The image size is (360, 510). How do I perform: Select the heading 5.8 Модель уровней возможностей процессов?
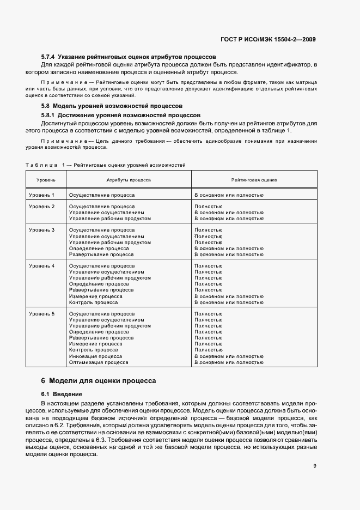point(112,105)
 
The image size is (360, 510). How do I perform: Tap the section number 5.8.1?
point(50,116)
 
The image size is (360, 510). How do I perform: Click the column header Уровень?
point(45,179)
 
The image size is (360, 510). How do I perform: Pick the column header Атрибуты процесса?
point(129,179)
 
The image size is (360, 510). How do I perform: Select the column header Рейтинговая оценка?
point(254,179)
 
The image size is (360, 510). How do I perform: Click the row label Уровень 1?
point(42,195)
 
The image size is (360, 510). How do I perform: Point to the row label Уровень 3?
point(42,230)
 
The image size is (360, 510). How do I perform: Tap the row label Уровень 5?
point(42,314)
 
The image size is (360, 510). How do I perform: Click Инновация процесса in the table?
point(95,356)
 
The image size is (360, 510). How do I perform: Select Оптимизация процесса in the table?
point(99,362)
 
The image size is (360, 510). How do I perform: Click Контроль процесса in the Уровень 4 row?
point(93,302)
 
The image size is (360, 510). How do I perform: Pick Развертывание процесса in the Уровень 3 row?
point(101,254)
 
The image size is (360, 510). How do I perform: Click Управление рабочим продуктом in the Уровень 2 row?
point(110,218)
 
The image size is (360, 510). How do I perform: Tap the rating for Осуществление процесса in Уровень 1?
point(229,195)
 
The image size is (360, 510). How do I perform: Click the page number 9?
point(315,466)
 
